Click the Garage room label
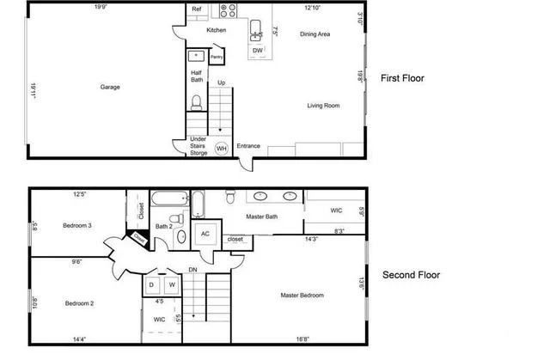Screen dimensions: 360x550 tap(109, 87)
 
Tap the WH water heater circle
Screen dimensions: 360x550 tap(221, 149)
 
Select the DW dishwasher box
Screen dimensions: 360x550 tap(258, 51)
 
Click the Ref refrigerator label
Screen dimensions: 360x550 tap(197, 11)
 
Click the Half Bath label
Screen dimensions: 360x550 tap(197, 77)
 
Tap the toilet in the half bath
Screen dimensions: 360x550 tap(197, 104)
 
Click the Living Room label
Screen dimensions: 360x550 tap(324, 106)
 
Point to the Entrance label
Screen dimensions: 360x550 tap(248, 146)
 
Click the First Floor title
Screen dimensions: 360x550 tap(402, 78)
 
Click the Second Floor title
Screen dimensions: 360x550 tap(411, 276)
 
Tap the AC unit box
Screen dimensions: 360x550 tap(205, 233)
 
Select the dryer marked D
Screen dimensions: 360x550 tap(152, 284)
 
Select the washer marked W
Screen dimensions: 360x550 tap(171, 284)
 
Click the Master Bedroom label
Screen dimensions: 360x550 tap(302, 296)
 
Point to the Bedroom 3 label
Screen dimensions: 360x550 tap(77, 226)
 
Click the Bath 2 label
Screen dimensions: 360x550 tap(163, 228)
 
